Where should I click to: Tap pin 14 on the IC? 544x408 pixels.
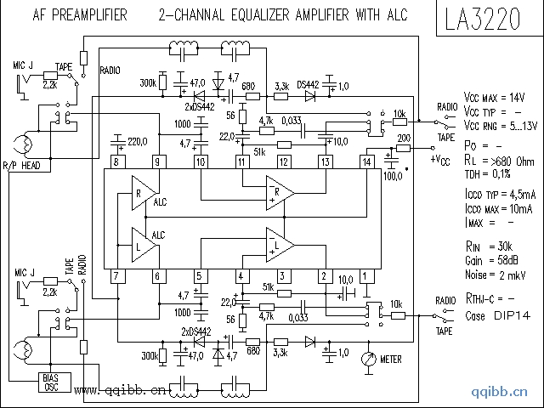367,161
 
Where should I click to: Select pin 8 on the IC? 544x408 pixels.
116,161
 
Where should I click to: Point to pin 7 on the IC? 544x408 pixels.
116,275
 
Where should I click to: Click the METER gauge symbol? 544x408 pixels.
367,360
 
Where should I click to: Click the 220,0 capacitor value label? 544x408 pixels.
139,140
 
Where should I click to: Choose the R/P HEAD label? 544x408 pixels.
22,165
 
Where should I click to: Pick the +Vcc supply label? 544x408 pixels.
441,160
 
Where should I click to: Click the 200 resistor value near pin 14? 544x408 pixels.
404,138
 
